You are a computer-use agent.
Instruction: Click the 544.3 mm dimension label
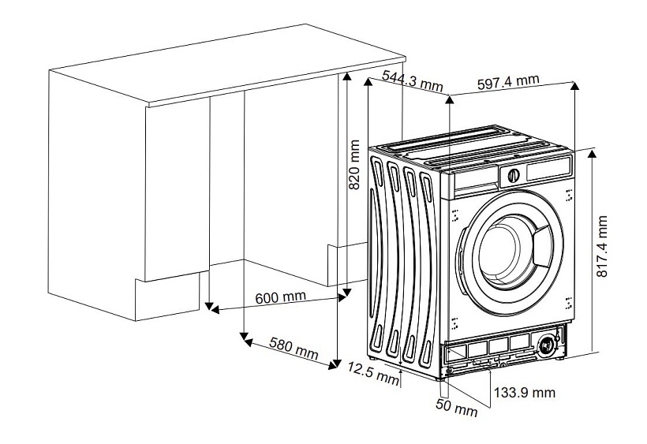[412, 80]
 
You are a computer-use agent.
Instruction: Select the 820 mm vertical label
[354, 166]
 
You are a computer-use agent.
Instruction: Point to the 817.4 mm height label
[604, 247]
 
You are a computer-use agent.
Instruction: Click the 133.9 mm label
[524, 392]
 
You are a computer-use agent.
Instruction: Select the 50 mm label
[457, 409]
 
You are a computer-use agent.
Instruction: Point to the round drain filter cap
[546, 344]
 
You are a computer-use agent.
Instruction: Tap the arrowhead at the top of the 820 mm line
[346, 76]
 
